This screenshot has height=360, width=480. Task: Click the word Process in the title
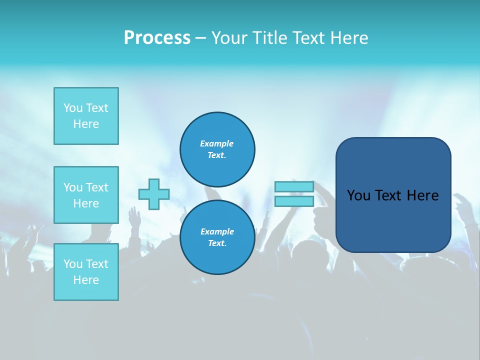point(157,38)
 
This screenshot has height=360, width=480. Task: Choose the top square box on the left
point(86,116)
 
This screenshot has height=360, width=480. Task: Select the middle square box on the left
point(86,195)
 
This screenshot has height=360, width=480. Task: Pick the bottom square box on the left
point(86,272)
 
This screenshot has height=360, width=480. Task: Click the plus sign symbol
point(154,194)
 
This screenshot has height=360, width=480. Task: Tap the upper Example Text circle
point(217,149)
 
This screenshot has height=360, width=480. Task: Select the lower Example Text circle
point(217,237)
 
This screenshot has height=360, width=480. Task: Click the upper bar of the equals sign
point(294,187)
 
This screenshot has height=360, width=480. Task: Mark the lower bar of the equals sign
point(294,201)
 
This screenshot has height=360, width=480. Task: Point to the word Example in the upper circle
point(217,143)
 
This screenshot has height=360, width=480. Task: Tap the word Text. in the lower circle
point(217,243)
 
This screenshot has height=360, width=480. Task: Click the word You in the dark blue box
point(358,195)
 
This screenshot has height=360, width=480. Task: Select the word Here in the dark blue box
point(422,195)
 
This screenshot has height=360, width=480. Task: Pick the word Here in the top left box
point(86,124)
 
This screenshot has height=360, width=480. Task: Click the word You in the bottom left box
point(72,264)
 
